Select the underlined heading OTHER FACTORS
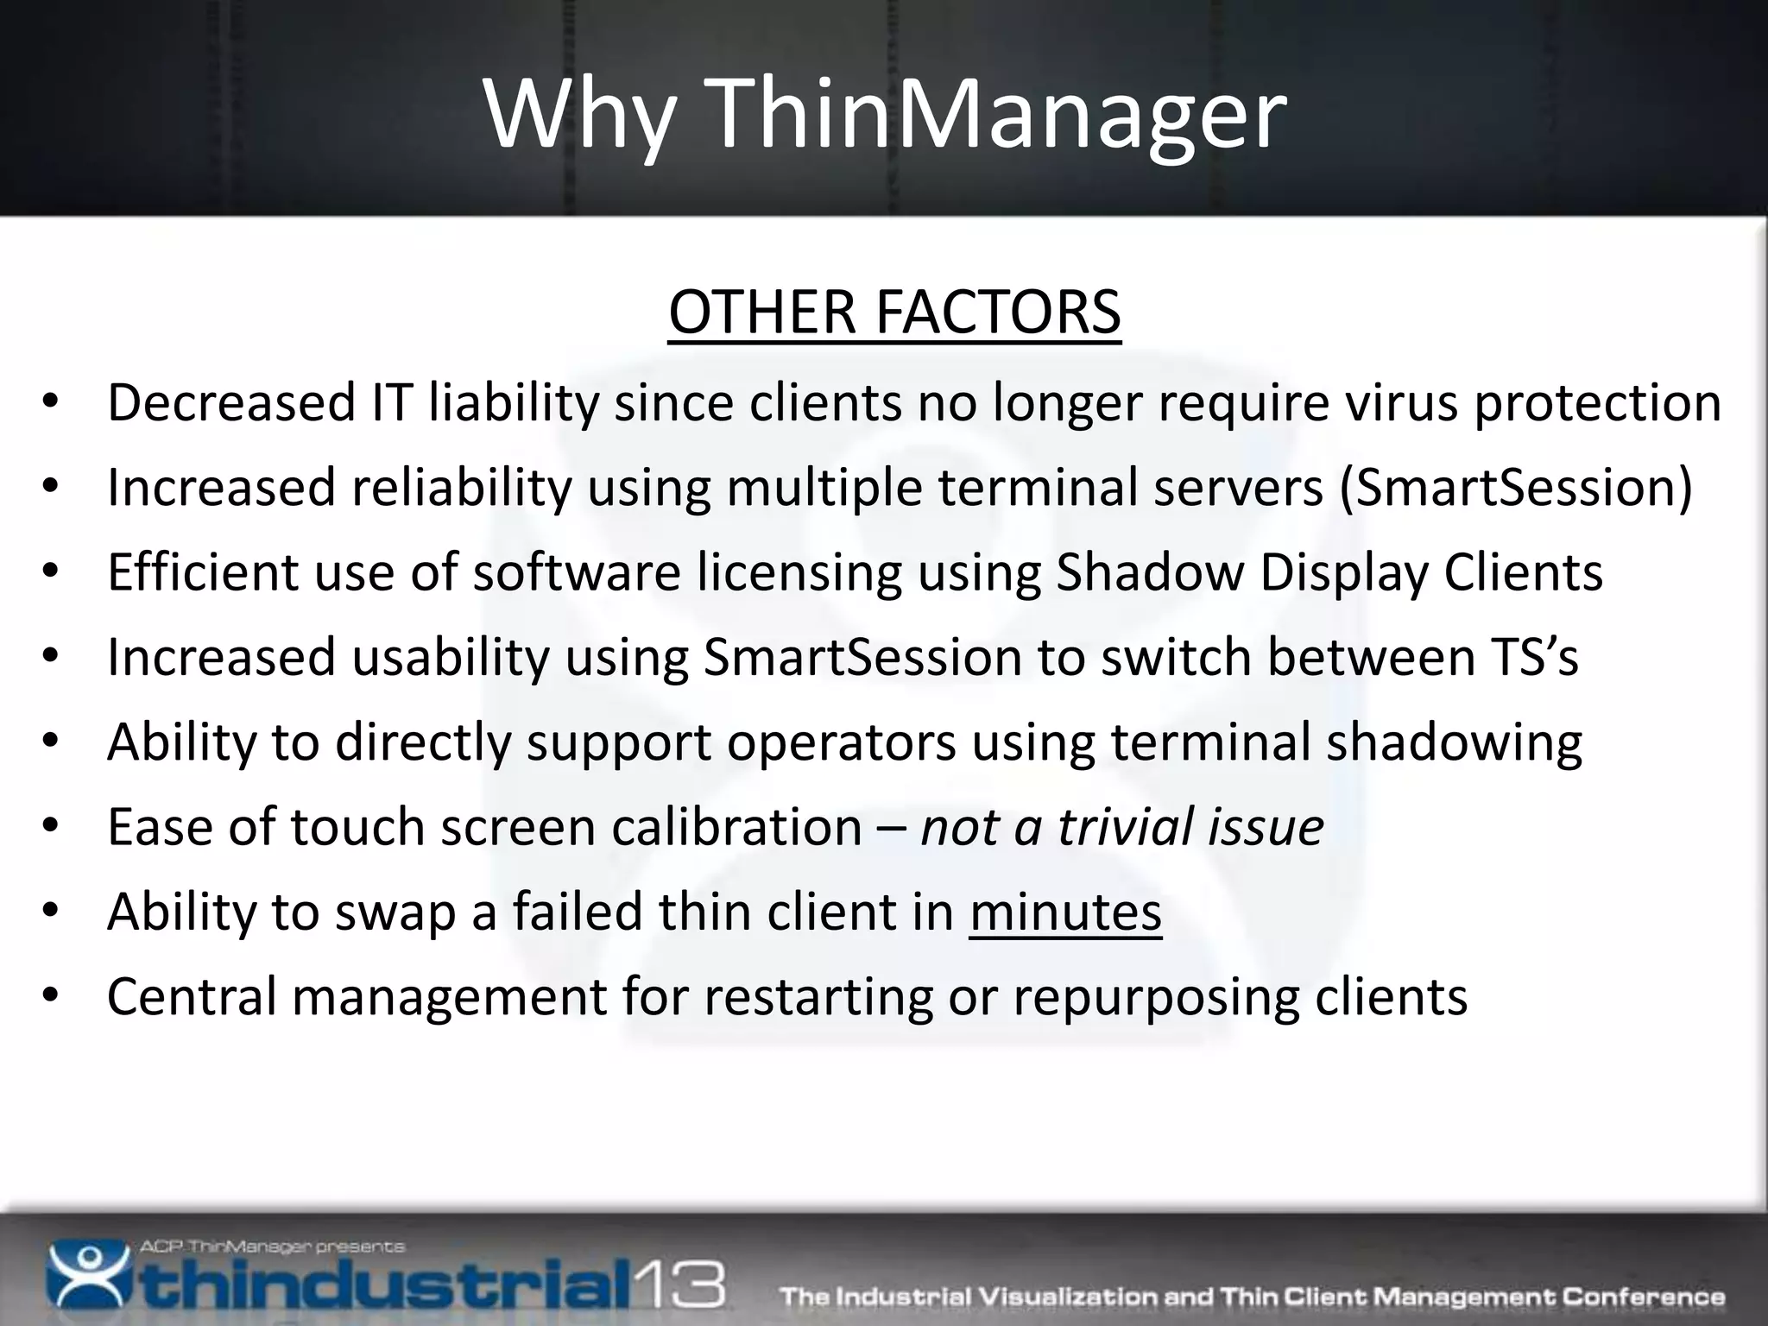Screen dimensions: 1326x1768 pos(894,312)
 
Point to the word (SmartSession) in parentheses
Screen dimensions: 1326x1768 pos(1516,488)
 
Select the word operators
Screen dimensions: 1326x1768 pos(842,742)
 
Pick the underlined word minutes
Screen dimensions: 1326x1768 pos(1065,912)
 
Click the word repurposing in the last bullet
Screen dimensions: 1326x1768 pos(1156,996)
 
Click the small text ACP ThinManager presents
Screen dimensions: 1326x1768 pos(272,1247)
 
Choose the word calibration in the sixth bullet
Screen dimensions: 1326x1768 pos(736,826)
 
